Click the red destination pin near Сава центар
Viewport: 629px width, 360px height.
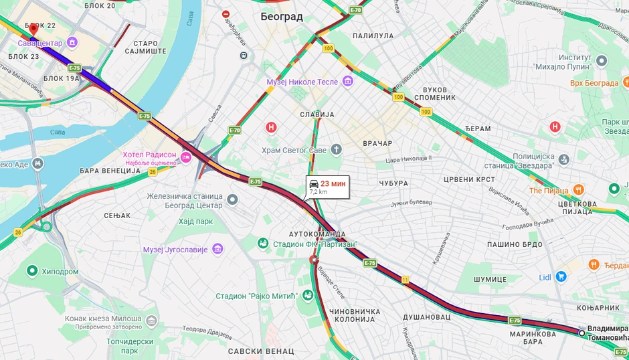(x=33, y=29)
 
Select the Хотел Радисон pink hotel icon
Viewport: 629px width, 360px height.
(x=186, y=157)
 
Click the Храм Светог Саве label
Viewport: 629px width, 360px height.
(x=294, y=150)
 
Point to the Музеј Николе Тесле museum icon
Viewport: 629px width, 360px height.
(x=347, y=82)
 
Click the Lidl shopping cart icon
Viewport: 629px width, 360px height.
(x=561, y=276)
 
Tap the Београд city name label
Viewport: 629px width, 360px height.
(x=281, y=17)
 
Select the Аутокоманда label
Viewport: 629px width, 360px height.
(x=317, y=234)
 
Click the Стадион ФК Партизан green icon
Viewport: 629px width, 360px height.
(x=264, y=243)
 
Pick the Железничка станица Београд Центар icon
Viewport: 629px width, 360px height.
(x=232, y=199)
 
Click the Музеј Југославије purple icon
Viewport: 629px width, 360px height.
(x=217, y=250)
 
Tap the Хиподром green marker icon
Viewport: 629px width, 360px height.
(x=31, y=271)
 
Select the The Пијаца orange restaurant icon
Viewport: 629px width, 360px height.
(x=579, y=190)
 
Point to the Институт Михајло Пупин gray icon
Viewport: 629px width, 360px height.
(x=601, y=62)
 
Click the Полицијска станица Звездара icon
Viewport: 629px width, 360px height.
(x=564, y=159)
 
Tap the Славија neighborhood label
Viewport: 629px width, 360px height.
(x=317, y=114)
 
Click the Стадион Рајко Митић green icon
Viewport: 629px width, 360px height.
(x=308, y=295)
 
